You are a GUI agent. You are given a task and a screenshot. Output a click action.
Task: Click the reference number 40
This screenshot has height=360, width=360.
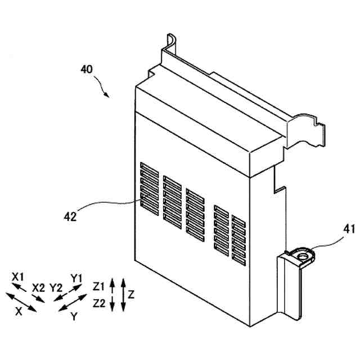coord(86,70)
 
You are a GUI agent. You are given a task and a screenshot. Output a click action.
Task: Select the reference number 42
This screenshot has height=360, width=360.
coord(70,215)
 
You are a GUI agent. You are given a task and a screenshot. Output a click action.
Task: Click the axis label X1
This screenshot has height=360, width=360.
coord(18,277)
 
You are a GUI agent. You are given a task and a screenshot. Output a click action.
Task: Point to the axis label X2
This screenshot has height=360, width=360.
coord(38,287)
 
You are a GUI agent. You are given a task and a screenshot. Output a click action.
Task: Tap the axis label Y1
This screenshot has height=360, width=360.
coord(76,277)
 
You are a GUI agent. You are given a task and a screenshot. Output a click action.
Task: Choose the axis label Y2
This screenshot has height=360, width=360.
coord(56,287)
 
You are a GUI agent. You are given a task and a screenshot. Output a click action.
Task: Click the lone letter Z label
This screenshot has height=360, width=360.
coord(131,294)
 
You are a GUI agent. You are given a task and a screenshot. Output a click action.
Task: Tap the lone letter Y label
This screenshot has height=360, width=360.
coord(74,317)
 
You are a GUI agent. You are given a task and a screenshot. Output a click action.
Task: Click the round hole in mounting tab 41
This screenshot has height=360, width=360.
coord(304,256)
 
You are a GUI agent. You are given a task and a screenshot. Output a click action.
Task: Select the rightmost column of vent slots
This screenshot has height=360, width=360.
coord(238,240)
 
